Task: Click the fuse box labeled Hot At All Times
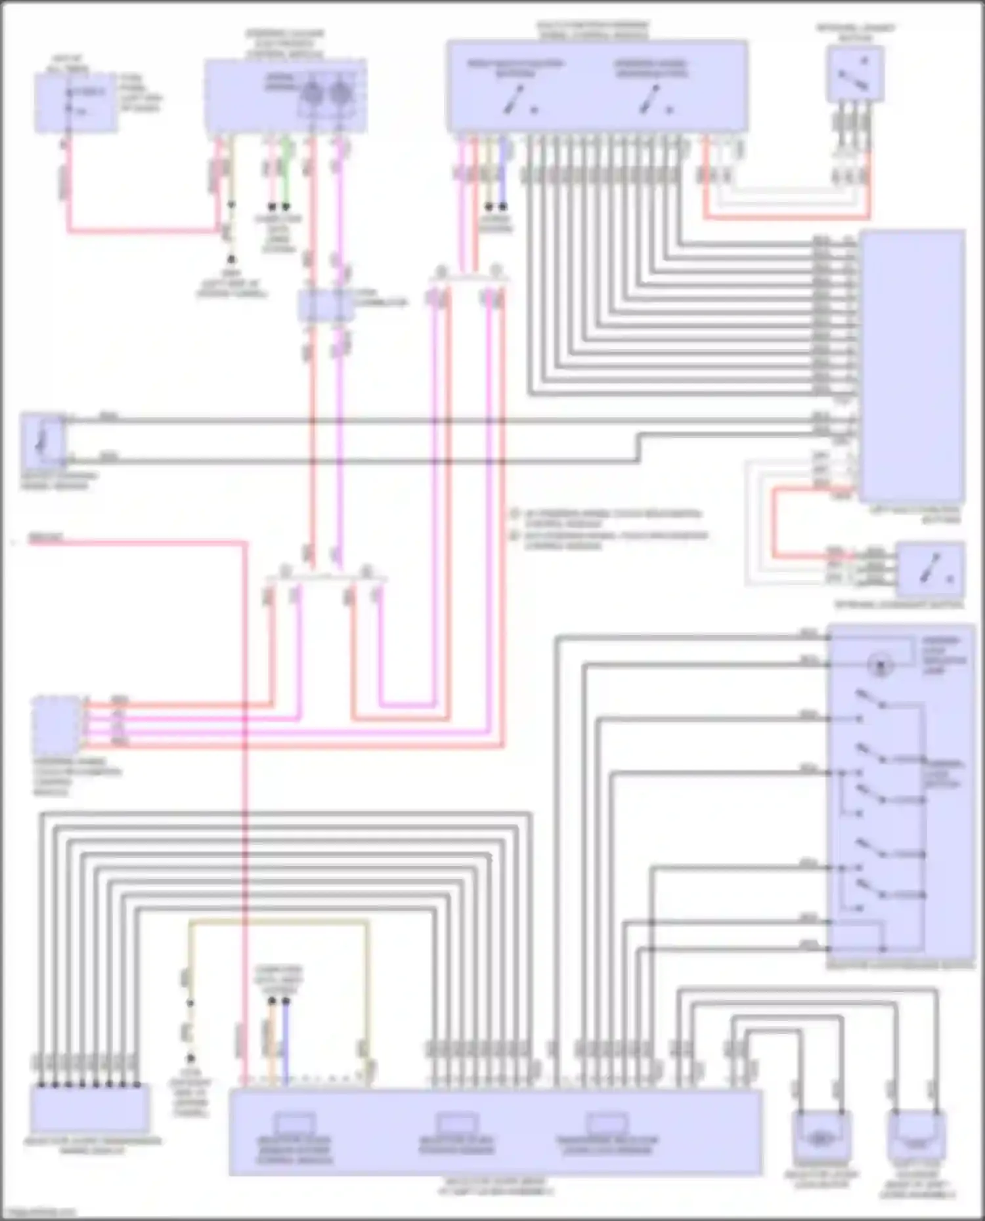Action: [x=76, y=103]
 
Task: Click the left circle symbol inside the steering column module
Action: [x=312, y=94]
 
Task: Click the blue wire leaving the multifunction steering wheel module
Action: [x=503, y=174]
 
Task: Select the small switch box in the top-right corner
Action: [x=855, y=75]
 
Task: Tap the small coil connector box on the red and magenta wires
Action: [x=326, y=304]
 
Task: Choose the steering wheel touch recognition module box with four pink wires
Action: [x=56, y=726]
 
